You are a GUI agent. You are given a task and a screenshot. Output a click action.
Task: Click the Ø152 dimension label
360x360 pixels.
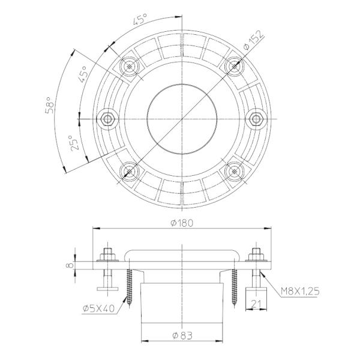(x=254, y=40)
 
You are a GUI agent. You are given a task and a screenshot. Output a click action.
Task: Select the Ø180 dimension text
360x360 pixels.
(x=182, y=223)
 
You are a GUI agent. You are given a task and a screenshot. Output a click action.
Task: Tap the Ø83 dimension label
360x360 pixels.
(x=182, y=335)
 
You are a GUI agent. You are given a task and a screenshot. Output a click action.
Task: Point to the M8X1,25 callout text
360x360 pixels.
(x=301, y=292)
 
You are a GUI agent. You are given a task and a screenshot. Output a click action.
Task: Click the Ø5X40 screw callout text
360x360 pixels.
(x=98, y=309)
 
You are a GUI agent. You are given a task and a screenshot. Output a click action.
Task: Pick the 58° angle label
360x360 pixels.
(x=50, y=105)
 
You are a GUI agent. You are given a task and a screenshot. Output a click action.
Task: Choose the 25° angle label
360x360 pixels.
(x=74, y=143)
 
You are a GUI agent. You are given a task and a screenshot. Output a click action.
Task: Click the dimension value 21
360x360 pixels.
(x=256, y=304)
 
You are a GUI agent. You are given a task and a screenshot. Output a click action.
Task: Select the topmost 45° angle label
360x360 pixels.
(x=140, y=19)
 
